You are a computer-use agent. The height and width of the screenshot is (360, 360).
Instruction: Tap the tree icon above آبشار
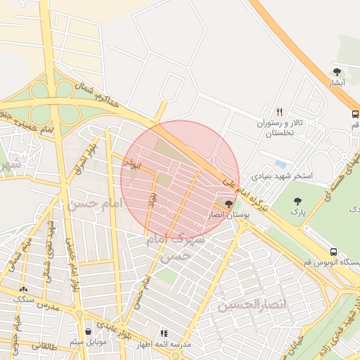pyautogui.click(x=337, y=72)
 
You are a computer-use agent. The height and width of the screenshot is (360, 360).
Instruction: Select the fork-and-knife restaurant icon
pyautogui.click(x=280, y=112)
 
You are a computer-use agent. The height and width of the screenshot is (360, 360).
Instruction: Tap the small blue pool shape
pyautogui.click(x=281, y=165)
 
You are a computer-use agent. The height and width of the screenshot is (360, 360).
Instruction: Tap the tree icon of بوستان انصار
pyautogui.click(x=228, y=203)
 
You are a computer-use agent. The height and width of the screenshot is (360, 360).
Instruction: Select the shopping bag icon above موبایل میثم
pyautogui.click(x=87, y=331)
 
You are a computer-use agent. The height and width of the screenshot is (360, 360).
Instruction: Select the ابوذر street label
pyautogui.click(x=130, y=163)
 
